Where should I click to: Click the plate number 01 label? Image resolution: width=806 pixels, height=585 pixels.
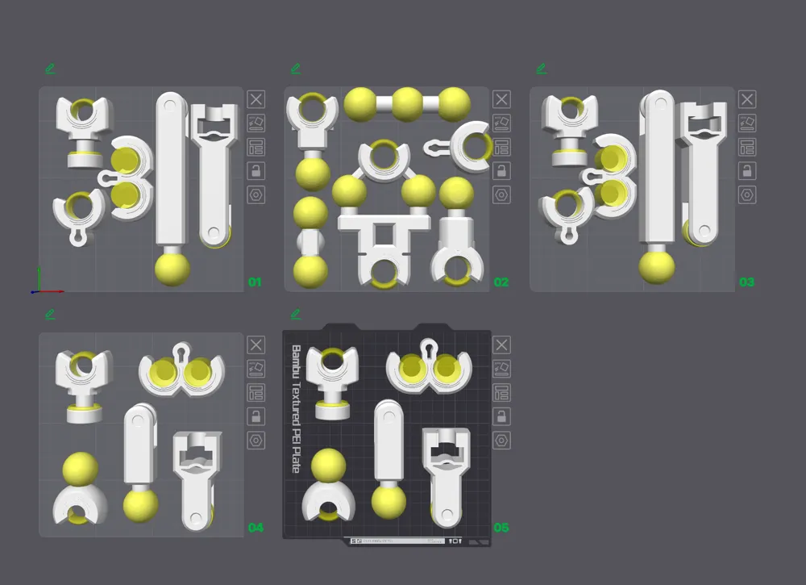[x=255, y=282]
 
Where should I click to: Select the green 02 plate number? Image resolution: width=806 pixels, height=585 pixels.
[x=501, y=282]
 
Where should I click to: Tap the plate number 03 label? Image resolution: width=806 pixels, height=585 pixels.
[x=746, y=282]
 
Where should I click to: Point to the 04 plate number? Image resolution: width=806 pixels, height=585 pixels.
[x=256, y=528]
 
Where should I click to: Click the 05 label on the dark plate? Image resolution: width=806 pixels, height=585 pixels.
[x=501, y=528]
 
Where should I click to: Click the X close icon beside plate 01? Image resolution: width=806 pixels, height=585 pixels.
[x=256, y=99]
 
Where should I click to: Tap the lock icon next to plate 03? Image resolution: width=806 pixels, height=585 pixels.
[x=747, y=171]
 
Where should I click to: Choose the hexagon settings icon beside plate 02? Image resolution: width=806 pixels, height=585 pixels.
[x=501, y=194]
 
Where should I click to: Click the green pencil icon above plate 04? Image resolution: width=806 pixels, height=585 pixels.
[x=51, y=314]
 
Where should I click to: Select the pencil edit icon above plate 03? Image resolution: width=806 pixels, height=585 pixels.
[x=542, y=69]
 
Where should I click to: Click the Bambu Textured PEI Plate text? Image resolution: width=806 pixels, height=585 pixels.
[x=296, y=408]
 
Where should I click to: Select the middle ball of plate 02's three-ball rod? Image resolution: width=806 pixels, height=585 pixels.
[x=407, y=103]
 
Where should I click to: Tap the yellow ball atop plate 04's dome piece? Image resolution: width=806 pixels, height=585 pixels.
[x=81, y=469]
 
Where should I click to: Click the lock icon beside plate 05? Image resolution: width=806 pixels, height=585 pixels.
[x=501, y=416]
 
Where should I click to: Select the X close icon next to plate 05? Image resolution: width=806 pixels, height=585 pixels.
[x=501, y=345]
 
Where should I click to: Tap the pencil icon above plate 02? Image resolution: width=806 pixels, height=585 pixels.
[x=296, y=69]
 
